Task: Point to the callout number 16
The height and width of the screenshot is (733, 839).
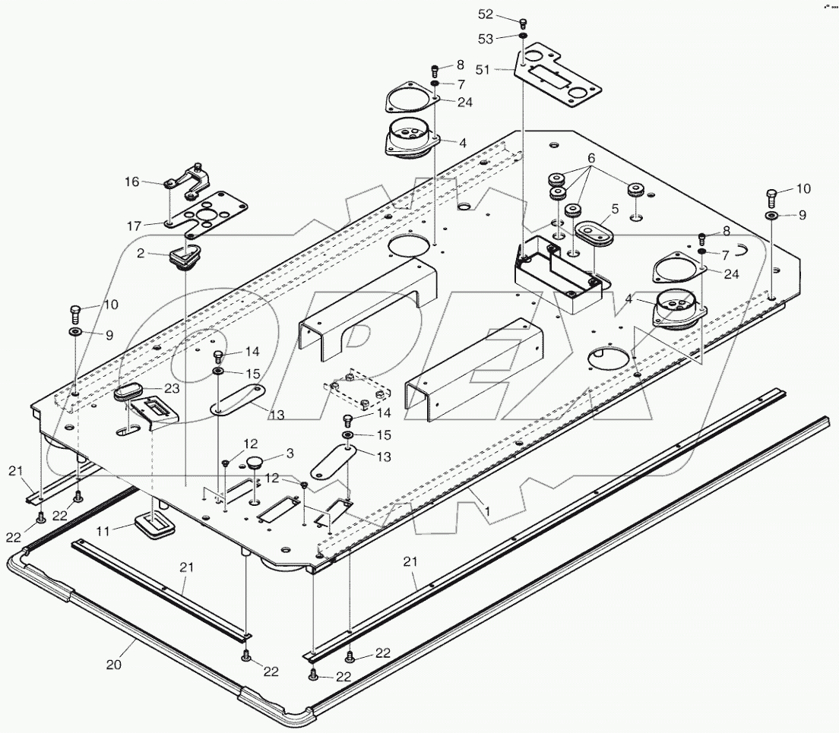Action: [x=132, y=182]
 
